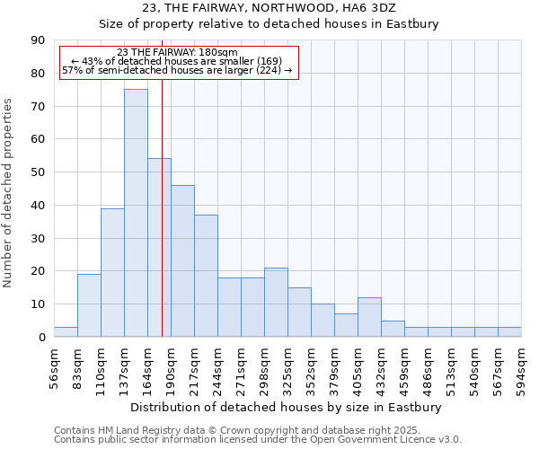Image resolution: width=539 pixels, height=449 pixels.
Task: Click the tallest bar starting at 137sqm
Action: pyautogui.click(x=136, y=213)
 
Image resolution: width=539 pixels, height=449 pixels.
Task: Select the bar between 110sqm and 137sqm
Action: pyautogui.click(x=112, y=272)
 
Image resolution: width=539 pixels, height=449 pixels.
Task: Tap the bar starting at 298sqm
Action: pyautogui.click(x=276, y=302)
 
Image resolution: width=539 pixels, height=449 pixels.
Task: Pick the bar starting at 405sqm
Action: pyautogui.click(x=369, y=317)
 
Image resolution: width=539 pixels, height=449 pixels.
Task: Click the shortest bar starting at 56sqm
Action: pyautogui.click(x=66, y=332)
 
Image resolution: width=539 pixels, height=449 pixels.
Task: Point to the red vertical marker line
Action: pyautogui.click(x=162, y=224)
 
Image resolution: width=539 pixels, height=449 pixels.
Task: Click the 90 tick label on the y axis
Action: pyautogui.click(x=38, y=40)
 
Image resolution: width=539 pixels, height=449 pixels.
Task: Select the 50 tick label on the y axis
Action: pyautogui.click(x=38, y=172)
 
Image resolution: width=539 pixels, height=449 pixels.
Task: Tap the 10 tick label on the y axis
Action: pyautogui.click(x=38, y=304)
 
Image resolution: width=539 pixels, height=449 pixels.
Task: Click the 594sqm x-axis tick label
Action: pyautogui.click(x=522, y=366)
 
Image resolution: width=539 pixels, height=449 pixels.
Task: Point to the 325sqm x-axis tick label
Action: pyautogui.click(x=288, y=366)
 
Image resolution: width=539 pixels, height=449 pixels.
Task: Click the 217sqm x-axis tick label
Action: pyautogui.click(x=195, y=366)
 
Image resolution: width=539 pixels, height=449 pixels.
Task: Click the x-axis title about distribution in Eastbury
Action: pyautogui.click(x=287, y=408)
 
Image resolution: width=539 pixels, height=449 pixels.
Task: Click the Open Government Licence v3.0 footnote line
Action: pyautogui.click(x=258, y=440)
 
